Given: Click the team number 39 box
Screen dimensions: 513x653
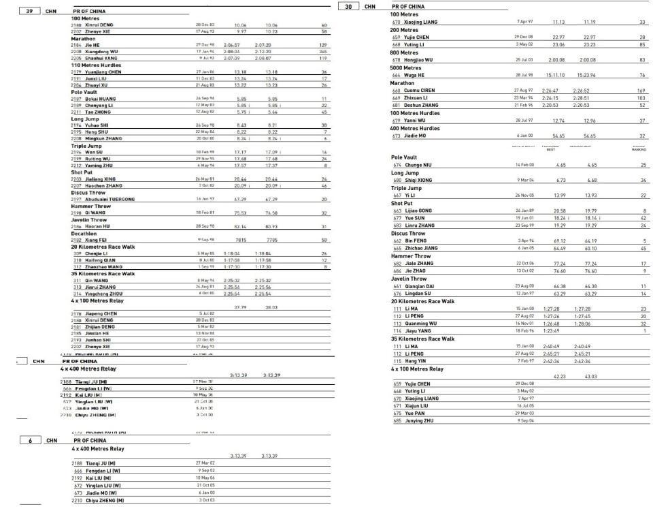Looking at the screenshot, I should [29, 12].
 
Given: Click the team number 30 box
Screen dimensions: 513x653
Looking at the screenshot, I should [348, 7].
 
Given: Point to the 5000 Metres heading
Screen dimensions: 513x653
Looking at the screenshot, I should [406, 68].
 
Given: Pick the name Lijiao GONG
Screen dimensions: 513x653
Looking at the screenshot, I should [418, 211].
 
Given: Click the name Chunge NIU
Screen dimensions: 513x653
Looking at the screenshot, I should [418, 165].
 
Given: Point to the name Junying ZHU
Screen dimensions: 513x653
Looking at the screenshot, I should [420, 421].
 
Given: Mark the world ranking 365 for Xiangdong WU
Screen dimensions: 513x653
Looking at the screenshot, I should [322, 51].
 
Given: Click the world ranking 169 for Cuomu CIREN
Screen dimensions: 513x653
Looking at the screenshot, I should [641, 91].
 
